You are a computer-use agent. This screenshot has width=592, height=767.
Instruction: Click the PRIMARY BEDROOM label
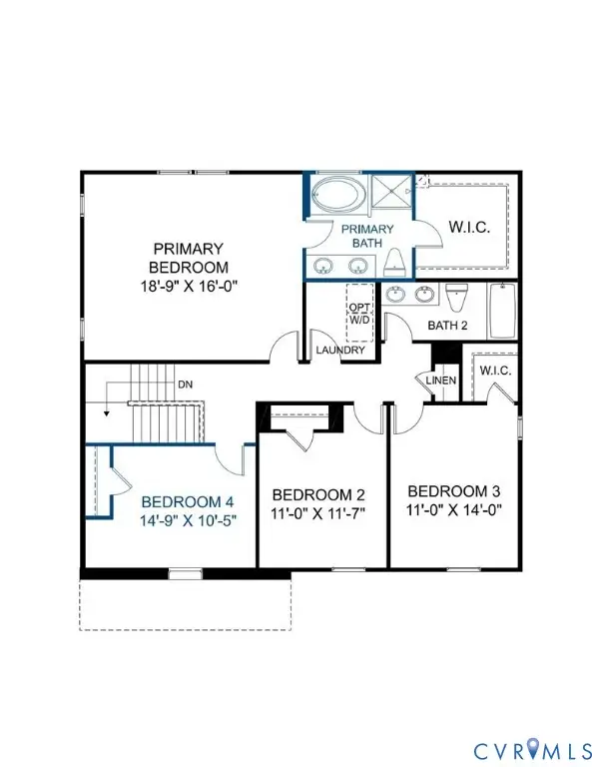tap(188, 258)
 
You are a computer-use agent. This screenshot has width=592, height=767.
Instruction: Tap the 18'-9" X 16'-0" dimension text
tap(188, 286)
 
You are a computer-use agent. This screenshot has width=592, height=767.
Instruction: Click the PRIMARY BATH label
tap(367, 235)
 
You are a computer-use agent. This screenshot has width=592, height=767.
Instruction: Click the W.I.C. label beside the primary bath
tap(468, 228)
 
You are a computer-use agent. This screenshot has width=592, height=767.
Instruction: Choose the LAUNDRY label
tap(339, 351)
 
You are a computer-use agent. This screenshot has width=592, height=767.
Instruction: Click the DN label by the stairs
tap(184, 383)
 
